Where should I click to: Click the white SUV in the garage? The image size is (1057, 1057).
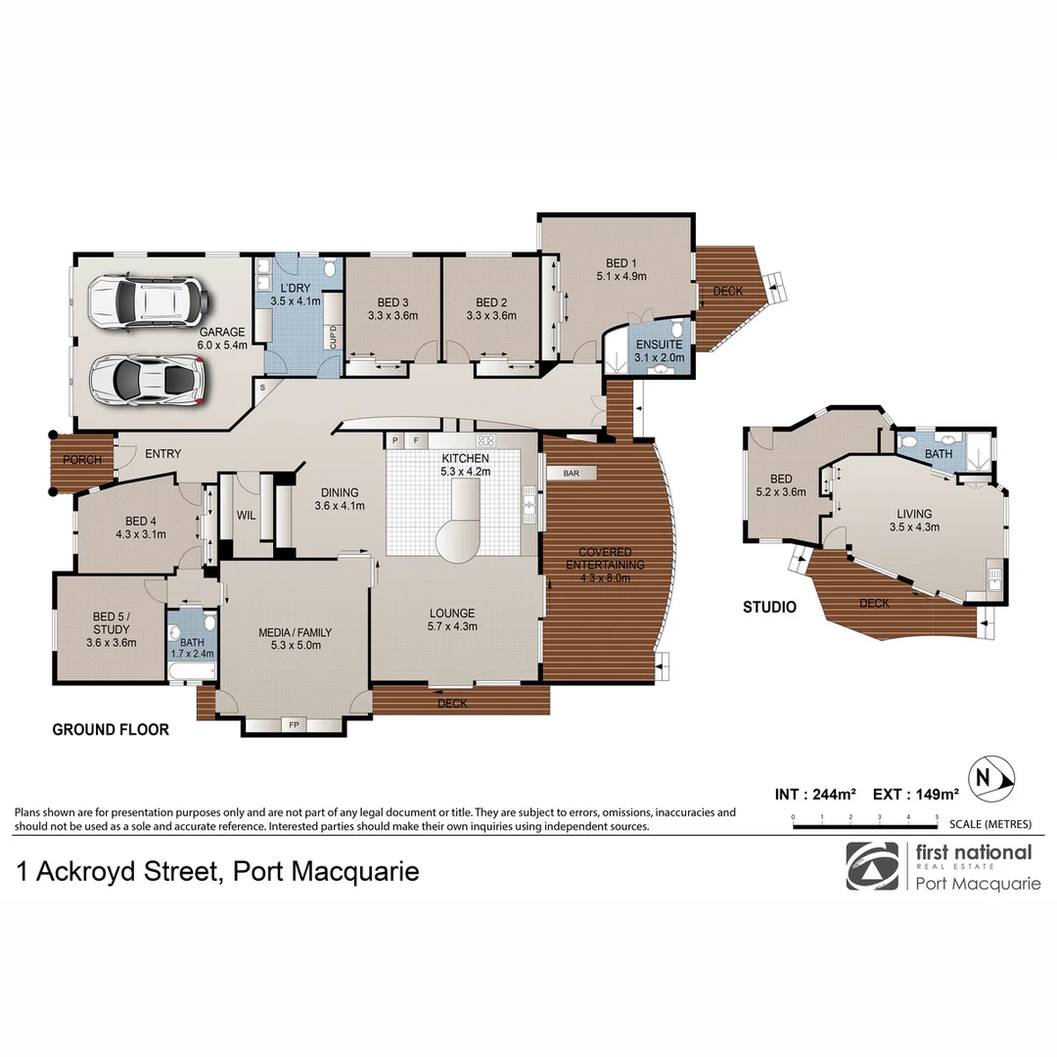click(x=147, y=301)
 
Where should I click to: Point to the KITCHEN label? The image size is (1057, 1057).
click(x=465, y=458)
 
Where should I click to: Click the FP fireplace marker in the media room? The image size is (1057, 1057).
click(x=294, y=725)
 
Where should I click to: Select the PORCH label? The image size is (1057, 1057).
click(x=82, y=461)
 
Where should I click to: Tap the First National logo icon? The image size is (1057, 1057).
click(x=871, y=866)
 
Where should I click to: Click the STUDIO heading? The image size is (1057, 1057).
click(x=768, y=607)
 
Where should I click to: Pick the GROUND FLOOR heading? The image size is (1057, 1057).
click(x=111, y=729)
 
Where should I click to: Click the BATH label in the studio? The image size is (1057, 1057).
click(x=938, y=454)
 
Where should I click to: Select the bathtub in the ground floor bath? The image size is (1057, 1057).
click(x=192, y=671)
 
